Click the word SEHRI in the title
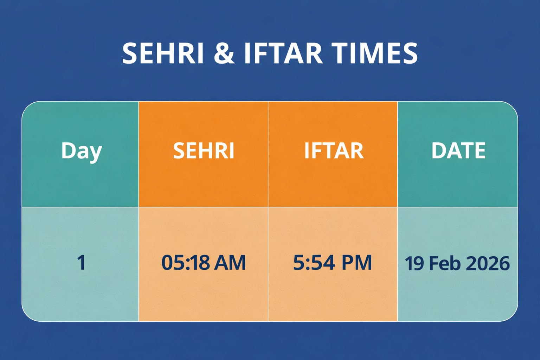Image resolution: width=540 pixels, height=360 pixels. click(163, 53)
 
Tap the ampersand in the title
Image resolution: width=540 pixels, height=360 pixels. click(224, 53)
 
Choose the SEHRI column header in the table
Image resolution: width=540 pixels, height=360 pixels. click(204, 151)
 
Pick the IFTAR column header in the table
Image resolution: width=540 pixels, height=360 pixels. click(333, 151)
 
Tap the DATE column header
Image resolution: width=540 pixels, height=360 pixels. click(458, 151)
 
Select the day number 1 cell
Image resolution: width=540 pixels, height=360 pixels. click(81, 263)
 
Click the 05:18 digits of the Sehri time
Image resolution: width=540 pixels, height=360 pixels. click(185, 263)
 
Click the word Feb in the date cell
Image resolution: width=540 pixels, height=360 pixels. click(444, 263)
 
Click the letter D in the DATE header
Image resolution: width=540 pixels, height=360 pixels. click(438, 151)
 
